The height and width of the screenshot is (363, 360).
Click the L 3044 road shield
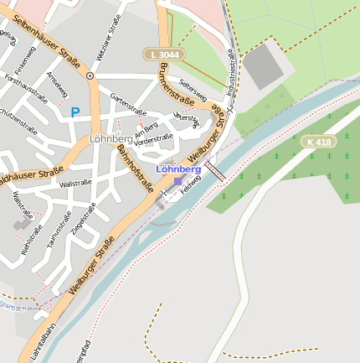click(x=163, y=54)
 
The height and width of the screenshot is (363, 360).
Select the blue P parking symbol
click(x=75, y=111)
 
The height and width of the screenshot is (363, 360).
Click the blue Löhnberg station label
click(x=178, y=169)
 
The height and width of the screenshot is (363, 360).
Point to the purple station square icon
click(x=177, y=180)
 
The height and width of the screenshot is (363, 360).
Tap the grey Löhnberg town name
click(x=111, y=138)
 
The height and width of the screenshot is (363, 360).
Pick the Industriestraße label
click(x=231, y=70)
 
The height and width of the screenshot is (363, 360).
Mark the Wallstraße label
click(x=75, y=183)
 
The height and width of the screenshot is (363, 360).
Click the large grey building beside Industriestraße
click(x=262, y=65)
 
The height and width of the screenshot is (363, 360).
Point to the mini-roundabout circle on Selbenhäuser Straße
click(x=90, y=75)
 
